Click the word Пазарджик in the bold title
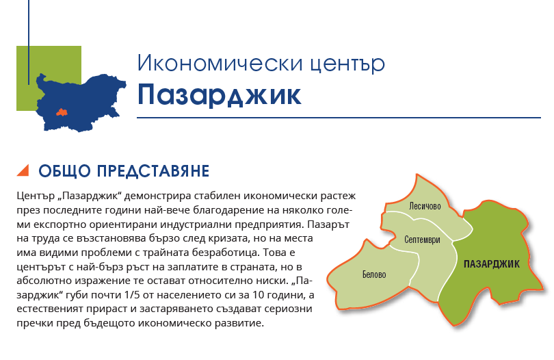(220, 95)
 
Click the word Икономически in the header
(220, 63)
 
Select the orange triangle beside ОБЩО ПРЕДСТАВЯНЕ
(23, 170)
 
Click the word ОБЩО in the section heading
(65, 171)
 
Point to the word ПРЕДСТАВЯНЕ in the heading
(153, 171)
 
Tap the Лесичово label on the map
(425, 206)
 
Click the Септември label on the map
(422, 240)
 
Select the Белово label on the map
(374, 274)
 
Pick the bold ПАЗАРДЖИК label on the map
(492, 263)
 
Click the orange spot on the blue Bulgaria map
(62, 112)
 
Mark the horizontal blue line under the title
(339, 118)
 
